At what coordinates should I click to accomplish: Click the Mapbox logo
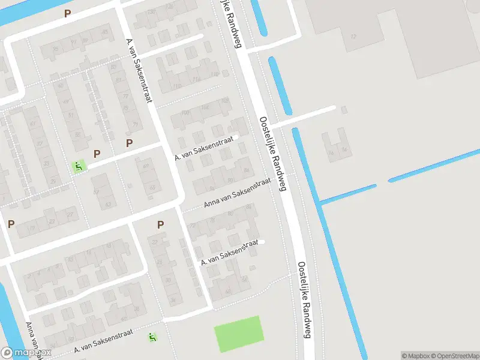pyautogui.click(x=26, y=353)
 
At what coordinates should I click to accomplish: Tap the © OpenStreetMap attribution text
pyautogui.click(x=454, y=356)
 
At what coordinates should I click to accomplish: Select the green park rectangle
pyautogui.click(x=239, y=334)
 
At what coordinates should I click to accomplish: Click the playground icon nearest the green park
pyautogui.click(x=152, y=338)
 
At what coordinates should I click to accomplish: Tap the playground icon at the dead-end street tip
pyautogui.click(x=78, y=166)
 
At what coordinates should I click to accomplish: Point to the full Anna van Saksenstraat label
pyautogui.click(x=237, y=193)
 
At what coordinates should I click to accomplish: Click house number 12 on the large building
pyautogui.click(x=353, y=37)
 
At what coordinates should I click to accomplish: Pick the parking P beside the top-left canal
pyautogui.click(x=68, y=13)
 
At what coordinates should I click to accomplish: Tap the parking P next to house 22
pyautogui.click(x=160, y=224)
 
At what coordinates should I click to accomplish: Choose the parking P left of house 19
pyautogui.click(x=11, y=224)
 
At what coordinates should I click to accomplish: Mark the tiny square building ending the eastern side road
pyautogui.click(x=344, y=110)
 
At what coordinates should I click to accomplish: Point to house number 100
pyautogui.click(x=185, y=113)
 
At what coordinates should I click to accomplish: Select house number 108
pyautogui.click(x=225, y=100)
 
